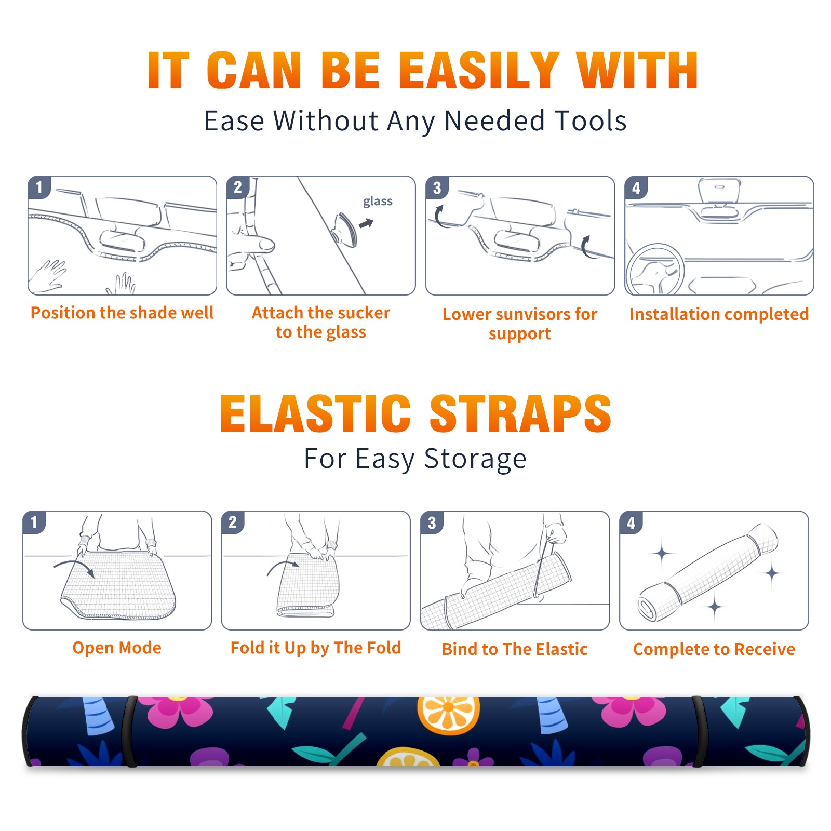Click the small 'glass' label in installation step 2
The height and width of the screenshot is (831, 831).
(378, 201)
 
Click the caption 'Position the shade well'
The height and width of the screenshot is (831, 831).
(122, 313)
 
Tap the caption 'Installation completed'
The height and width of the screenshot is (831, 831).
(719, 314)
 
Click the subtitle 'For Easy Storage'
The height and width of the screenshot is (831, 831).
(415, 459)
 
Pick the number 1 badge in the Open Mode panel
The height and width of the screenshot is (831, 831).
(34, 522)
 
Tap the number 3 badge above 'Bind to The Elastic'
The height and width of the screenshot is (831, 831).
(432, 522)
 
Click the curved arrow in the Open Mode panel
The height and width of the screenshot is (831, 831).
(74, 566)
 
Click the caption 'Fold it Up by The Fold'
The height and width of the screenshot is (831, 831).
(316, 648)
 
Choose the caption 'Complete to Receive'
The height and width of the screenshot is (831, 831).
(714, 649)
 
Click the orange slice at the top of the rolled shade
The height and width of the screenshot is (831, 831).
(448, 714)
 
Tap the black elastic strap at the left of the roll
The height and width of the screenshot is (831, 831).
(130, 731)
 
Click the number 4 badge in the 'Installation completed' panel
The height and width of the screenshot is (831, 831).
(636, 187)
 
